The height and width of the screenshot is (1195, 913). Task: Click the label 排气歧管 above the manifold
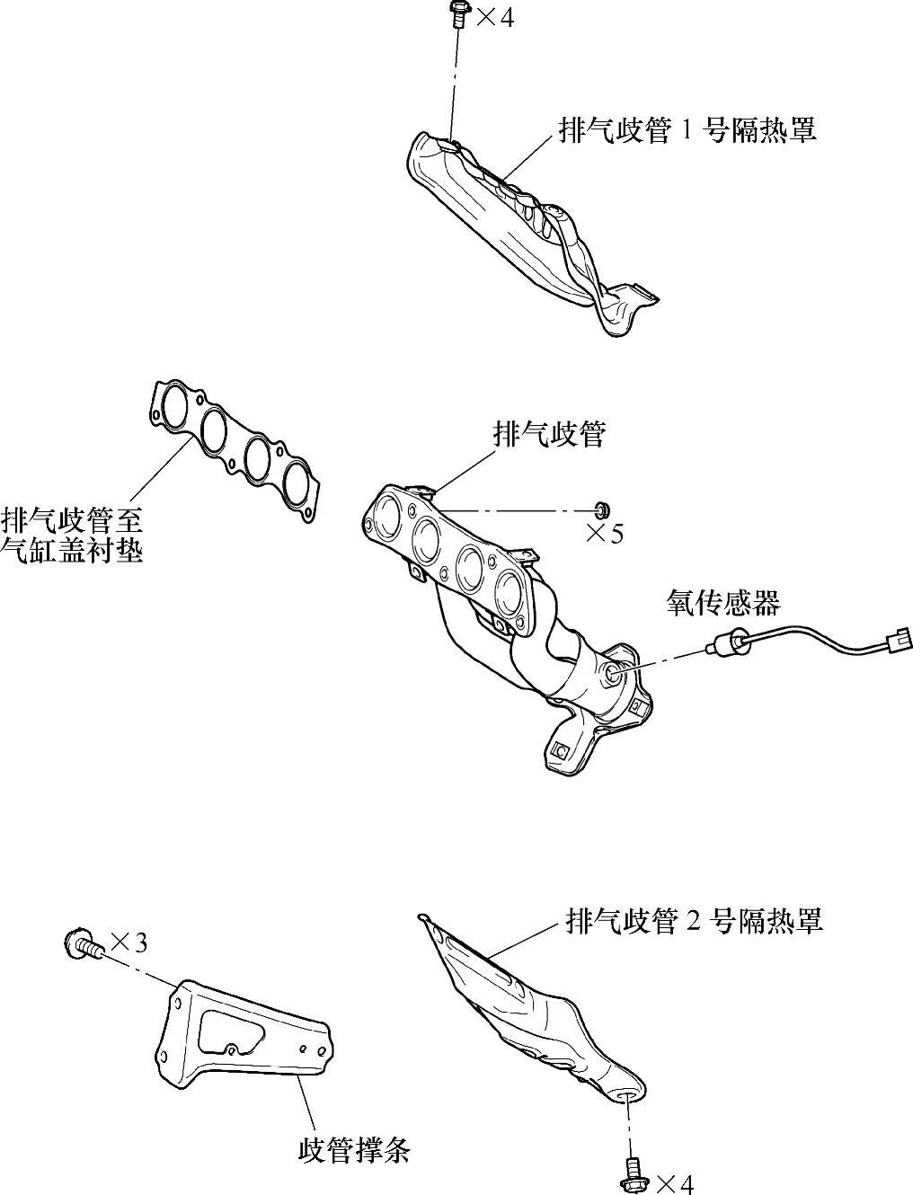click(x=549, y=435)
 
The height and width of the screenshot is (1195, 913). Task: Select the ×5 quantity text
click(x=604, y=534)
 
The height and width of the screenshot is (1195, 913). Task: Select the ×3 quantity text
click(x=129, y=943)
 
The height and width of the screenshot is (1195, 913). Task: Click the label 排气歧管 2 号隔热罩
click(x=694, y=921)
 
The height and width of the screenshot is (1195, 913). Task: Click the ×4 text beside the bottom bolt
click(x=675, y=1183)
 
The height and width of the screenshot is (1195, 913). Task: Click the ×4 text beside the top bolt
click(x=494, y=17)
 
